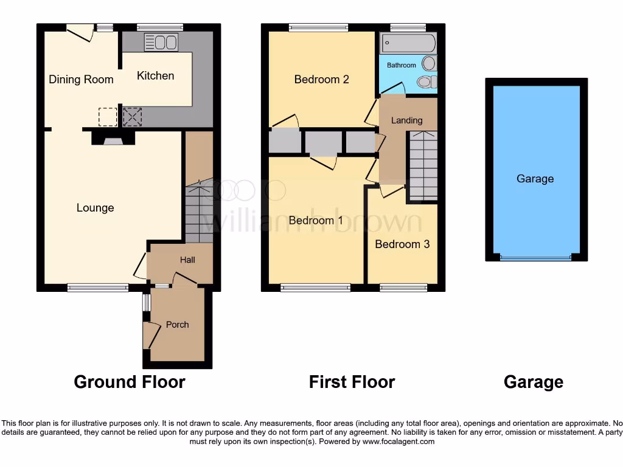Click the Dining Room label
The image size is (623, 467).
click(x=81, y=80)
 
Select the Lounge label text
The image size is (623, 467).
click(x=95, y=208)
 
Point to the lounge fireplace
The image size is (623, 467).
click(x=113, y=139)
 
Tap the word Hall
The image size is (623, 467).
click(x=187, y=260)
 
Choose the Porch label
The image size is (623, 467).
click(x=177, y=325)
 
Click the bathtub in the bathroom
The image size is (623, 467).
click(x=408, y=43)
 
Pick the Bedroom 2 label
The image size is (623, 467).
click(x=321, y=80)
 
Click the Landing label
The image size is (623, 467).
click(x=406, y=120)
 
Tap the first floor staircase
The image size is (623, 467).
click(x=422, y=164)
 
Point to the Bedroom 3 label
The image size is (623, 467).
click(x=402, y=244)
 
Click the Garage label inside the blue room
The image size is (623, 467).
click(x=535, y=179)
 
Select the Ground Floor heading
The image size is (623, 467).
click(x=129, y=382)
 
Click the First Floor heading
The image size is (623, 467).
click(x=352, y=382)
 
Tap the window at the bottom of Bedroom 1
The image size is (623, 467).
click(x=315, y=288)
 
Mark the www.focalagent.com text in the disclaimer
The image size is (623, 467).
click(x=399, y=441)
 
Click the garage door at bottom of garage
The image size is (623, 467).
click(x=536, y=258)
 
